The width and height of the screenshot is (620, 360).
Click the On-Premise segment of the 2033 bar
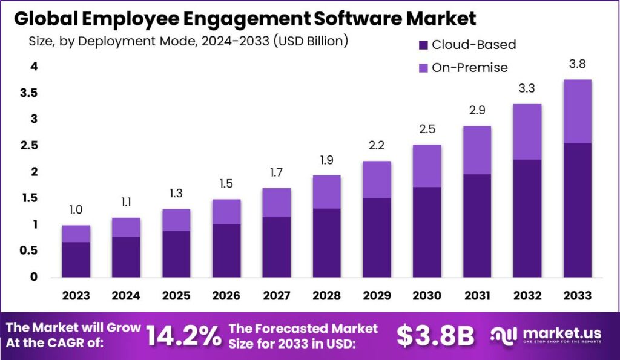(x=573, y=111)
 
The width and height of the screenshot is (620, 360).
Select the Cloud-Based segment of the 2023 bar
(x=76, y=260)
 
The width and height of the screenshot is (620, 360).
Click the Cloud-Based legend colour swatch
(x=423, y=45)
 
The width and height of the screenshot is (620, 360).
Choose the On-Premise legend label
(x=470, y=68)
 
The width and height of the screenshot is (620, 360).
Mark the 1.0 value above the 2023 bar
(x=76, y=209)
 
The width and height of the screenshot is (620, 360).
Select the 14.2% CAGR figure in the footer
(x=183, y=337)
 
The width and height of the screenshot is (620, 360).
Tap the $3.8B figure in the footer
(x=435, y=337)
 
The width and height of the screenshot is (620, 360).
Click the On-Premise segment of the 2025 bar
(x=176, y=220)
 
